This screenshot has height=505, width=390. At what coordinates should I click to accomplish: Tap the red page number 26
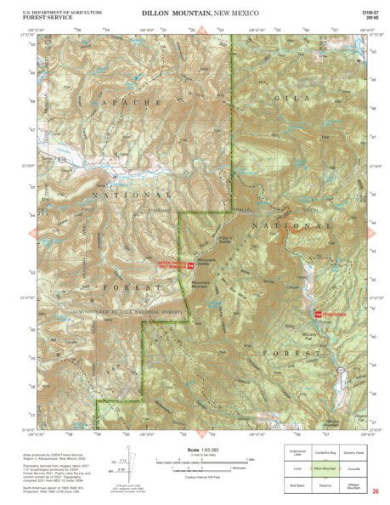[375, 492]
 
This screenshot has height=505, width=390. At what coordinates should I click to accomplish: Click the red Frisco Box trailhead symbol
[318, 315]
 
